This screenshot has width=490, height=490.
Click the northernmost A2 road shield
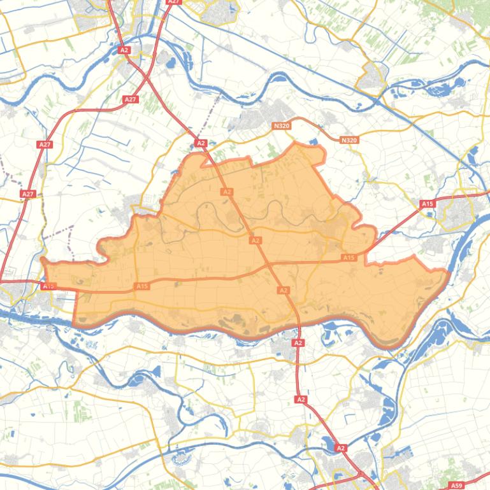point(124,50)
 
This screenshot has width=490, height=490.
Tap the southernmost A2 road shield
point(341,448)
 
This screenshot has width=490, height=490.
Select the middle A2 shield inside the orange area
point(256,241)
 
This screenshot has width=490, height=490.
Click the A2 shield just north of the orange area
point(201,144)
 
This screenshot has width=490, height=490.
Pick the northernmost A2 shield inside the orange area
point(227,192)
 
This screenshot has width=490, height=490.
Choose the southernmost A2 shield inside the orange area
point(284,290)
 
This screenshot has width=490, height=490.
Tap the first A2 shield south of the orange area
point(298,342)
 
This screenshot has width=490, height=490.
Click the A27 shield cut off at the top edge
point(173,2)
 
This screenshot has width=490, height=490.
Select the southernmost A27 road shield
point(27,193)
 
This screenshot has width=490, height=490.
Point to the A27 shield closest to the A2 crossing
point(130,99)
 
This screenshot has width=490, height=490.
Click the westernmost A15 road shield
point(48,286)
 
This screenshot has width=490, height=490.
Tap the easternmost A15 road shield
point(427,204)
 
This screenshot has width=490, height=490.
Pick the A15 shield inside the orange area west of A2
point(141,286)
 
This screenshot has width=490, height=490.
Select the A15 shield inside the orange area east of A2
point(348,258)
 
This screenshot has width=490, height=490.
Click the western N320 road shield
point(281,126)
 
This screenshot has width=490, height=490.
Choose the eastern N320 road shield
point(349,140)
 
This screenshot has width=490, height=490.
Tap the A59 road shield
point(456,486)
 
